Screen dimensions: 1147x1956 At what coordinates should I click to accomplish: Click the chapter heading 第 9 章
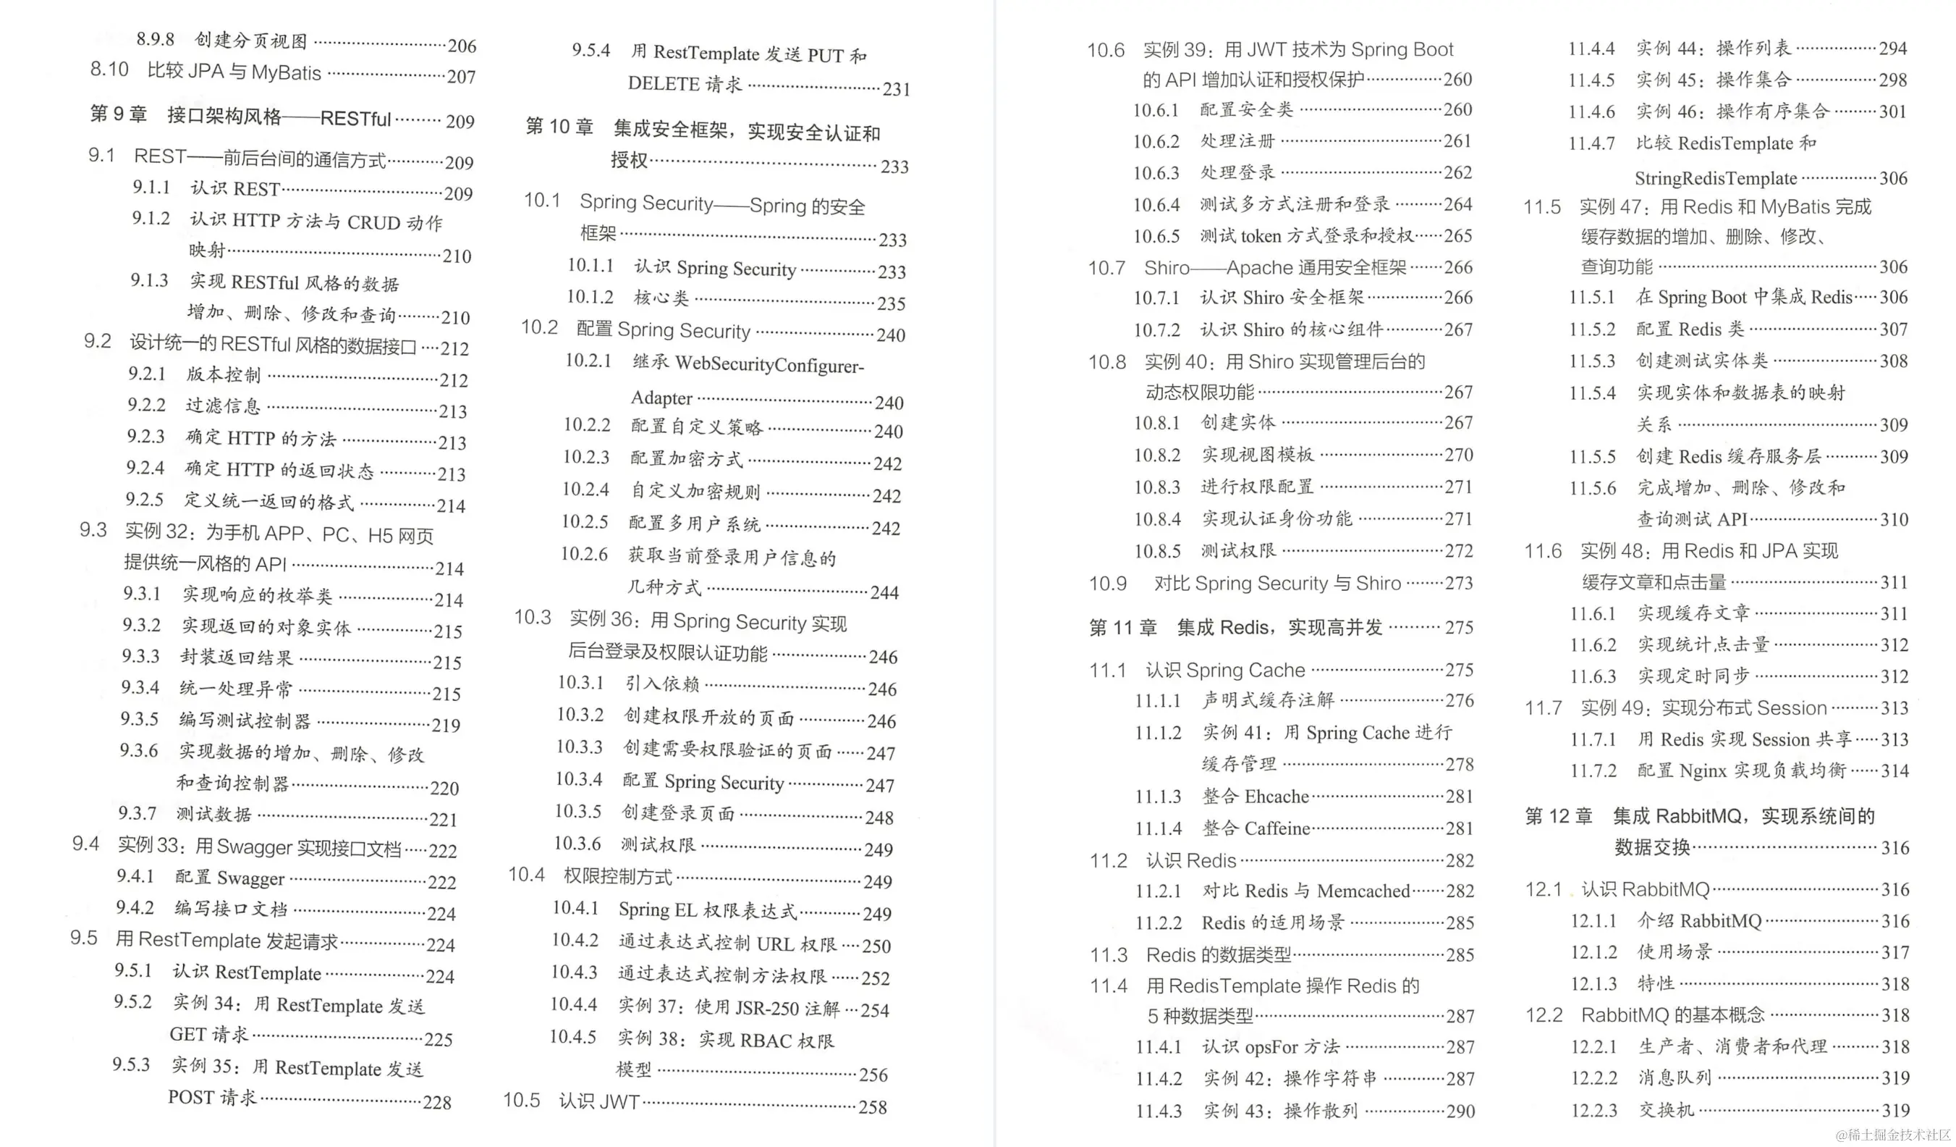(119, 114)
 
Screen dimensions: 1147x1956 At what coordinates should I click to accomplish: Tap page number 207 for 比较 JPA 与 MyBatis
(461, 77)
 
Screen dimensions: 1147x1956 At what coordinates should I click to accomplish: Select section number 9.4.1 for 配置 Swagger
(135, 876)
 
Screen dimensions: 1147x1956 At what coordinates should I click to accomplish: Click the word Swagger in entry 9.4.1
(250, 878)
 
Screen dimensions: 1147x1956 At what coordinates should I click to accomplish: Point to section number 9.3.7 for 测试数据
(137, 813)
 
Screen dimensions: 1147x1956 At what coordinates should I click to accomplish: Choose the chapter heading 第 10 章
(559, 127)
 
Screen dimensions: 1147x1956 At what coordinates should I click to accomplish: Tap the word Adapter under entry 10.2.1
(661, 398)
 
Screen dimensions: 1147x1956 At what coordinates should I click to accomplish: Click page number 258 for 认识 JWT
(873, 1107)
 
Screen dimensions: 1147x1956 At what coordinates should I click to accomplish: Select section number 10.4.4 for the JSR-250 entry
(574, 1004)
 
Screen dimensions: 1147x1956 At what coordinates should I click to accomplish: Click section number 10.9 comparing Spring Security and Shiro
(1107, 583)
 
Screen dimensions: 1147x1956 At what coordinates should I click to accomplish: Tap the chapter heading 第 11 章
(1122, 628)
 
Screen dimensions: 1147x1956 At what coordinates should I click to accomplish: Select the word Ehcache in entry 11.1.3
(1277, 797)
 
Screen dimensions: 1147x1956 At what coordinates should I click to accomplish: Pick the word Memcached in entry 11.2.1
(1363, 891)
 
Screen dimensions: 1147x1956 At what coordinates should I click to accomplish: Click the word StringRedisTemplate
(1715, 179)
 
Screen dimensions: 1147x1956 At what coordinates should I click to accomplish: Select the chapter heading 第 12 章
(1559, 816)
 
